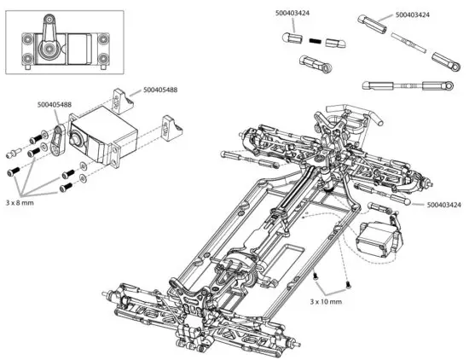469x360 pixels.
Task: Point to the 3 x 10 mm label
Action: [325, 301]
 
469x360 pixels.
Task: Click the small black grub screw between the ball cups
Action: [315, 40]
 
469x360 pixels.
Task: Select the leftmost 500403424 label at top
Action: [293, 15]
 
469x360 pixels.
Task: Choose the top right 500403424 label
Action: [413, 15]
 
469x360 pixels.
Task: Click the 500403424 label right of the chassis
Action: [443, 205]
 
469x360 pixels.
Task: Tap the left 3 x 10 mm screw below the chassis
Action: [316, 278]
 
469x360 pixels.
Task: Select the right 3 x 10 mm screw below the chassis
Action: [348, 284]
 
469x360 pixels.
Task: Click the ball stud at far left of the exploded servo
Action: [14, 154]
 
